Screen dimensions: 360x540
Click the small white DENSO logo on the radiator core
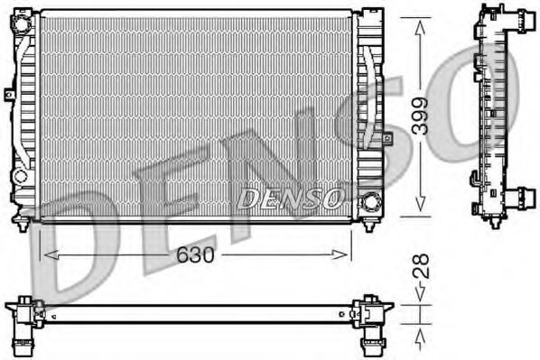289,198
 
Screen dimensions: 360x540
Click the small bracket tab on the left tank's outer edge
9,93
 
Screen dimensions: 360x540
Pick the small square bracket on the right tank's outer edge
387,139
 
